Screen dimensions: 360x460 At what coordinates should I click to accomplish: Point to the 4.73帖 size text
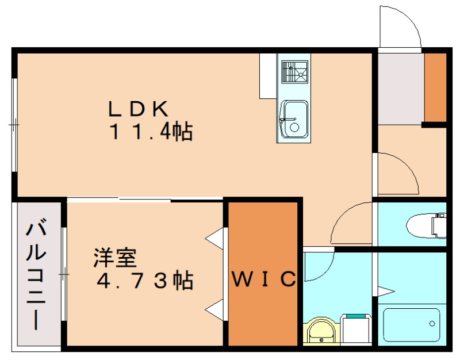click(x=144, y=281)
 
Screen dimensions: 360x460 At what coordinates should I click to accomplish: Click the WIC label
click(x=263, y=279)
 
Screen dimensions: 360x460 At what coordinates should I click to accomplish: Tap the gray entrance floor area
click(x=400, y=89)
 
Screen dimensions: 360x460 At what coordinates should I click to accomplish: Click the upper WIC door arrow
click(x=216, y=238)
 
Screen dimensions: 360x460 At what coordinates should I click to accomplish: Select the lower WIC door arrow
click(x=216, y=309)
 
